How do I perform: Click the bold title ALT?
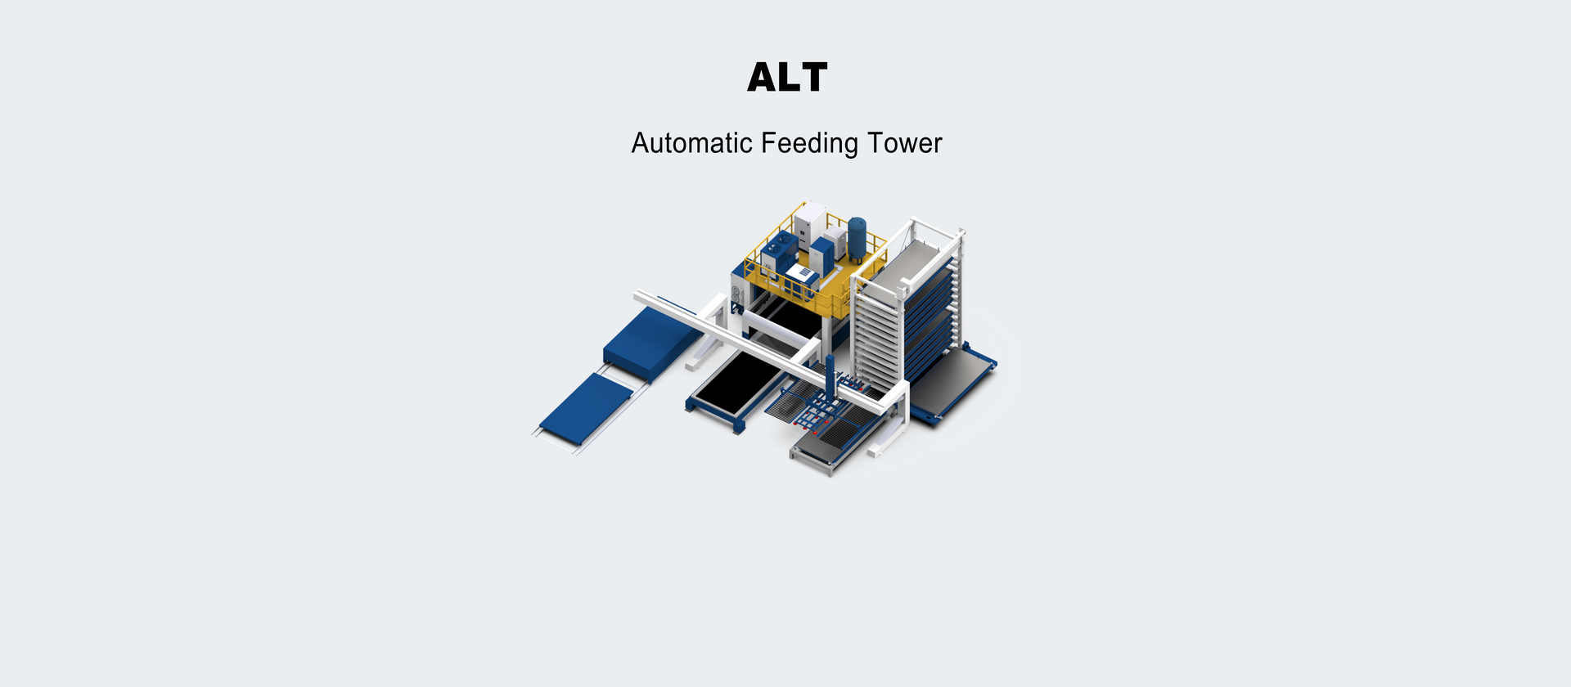click(x=787, y=77)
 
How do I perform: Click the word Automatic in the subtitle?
click(x=691, y=143)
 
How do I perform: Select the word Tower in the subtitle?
click(x=905, y=143)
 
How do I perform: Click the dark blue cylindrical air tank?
click(x=857, y=239)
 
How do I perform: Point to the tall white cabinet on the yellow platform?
click(x=809, y=224)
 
